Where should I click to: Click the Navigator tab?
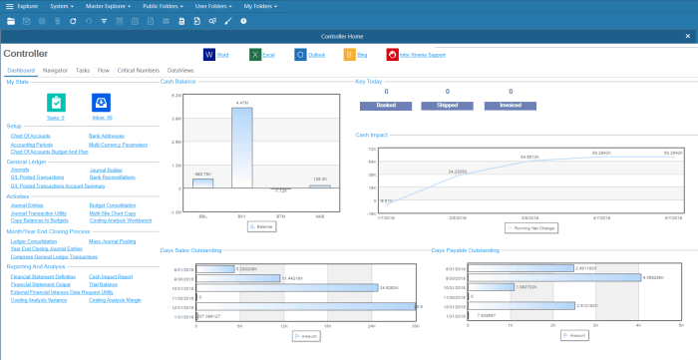click(55, 71)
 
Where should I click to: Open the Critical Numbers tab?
click(138, 71)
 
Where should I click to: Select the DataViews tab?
click(180, 71)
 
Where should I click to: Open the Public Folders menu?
click(163, 5)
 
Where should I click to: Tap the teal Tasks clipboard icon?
click(56, 102)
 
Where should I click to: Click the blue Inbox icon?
click(101, 102)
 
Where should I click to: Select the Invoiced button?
click(510, 103)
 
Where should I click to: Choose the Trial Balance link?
click(105, 283)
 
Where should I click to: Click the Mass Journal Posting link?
click(113, 240)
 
